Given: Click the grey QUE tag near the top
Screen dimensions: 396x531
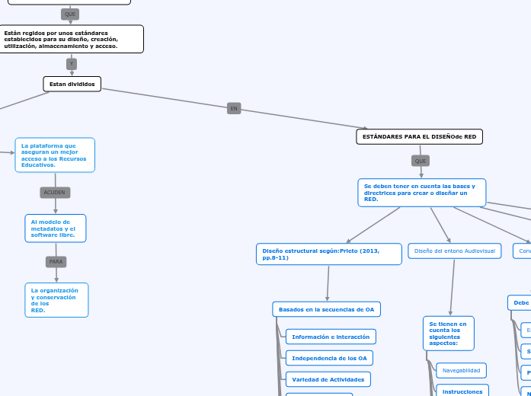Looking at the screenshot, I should [x=70, y=14].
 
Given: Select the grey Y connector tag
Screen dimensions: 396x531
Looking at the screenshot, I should [x=72, y=64].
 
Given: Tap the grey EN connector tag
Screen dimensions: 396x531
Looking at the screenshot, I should [x=234, y=109].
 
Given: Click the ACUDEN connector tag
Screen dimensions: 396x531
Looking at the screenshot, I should [x=55, y=193].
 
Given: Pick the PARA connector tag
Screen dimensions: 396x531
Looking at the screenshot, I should [x=56, y=261].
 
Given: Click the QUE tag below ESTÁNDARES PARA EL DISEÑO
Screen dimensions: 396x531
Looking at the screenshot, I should [x=421, y=161].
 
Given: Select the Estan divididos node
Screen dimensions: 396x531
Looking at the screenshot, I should [x=72, y=84].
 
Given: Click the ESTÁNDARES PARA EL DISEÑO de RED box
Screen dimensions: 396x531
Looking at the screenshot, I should [x=419, y=136].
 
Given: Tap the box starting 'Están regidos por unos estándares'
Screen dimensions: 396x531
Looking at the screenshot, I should [x=72, y=39].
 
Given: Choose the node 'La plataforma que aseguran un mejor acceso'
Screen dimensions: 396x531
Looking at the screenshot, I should [x=55, y=155].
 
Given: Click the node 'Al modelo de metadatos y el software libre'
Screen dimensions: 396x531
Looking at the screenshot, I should [x=54, y=228].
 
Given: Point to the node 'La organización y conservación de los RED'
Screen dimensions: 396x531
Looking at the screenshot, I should [x=56, y=300].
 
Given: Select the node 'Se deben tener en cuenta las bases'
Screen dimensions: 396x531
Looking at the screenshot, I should [x=421, y=193].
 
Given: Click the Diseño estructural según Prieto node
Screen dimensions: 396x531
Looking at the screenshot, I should [x=328, y=254].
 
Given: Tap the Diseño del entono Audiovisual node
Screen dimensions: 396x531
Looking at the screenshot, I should [x=454, y=251].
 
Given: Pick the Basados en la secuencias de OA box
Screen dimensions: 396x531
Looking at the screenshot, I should [x=326, y=309].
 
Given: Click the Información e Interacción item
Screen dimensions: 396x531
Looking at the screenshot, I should [x=331, y=337].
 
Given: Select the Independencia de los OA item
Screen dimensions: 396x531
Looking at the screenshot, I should [x=329, y=358].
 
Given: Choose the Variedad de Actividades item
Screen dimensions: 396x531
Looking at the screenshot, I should [x=328, y=379].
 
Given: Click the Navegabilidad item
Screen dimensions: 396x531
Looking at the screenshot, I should [x=461, y=370].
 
